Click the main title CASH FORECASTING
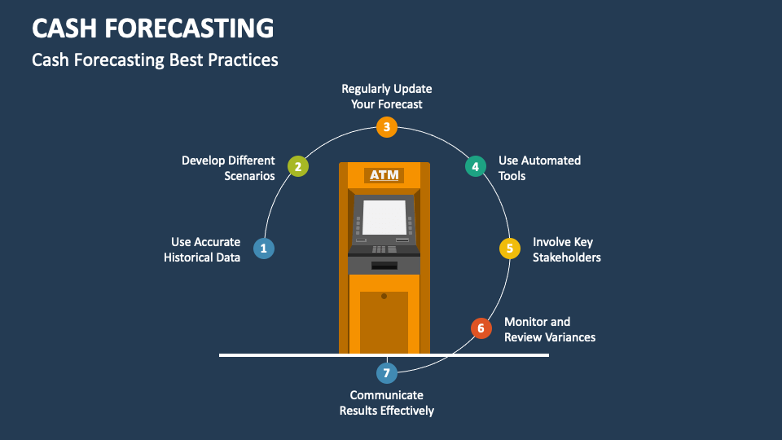[152, 29]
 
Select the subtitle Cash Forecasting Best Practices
[155, 60]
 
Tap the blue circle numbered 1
[263, 249]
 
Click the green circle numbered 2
[298, 167]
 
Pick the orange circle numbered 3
[387, 126]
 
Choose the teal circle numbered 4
[475, 167]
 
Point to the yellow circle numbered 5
[510, 249]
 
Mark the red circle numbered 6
[481, 328]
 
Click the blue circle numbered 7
[387, 373]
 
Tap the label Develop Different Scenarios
[228, 168]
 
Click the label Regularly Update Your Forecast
[387, 96]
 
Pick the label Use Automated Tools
[539, 168]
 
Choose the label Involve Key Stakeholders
[567, 249]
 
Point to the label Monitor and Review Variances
[550, 329]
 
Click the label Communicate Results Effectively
[387, 403]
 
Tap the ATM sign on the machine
[384, 175]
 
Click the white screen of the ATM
[384, 217]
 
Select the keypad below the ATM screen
[380, 249]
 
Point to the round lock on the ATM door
[384, 296]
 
